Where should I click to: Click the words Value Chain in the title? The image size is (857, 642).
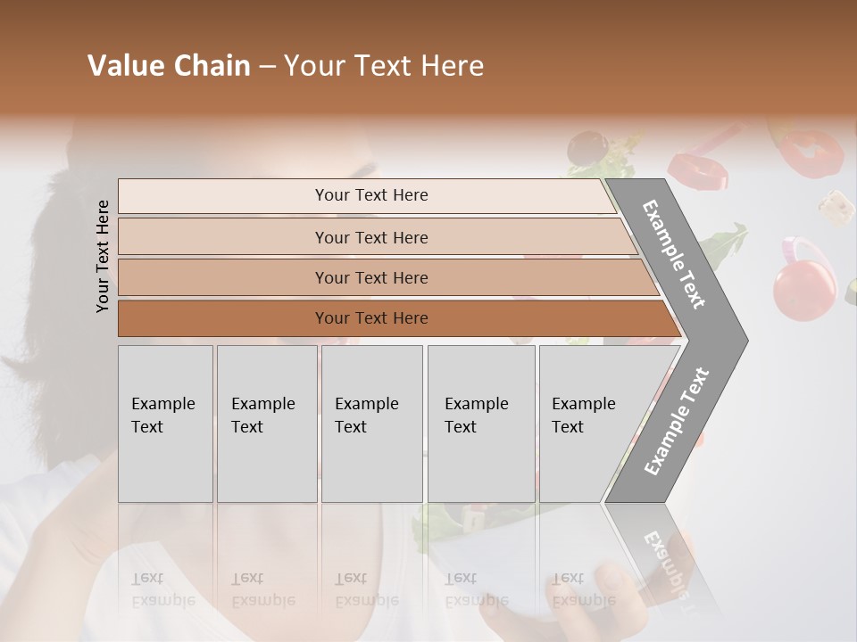169,66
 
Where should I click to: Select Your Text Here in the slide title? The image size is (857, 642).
384,66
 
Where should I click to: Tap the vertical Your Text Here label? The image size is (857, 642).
103,256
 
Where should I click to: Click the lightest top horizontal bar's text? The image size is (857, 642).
371,195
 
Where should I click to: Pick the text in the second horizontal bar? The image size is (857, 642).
371,237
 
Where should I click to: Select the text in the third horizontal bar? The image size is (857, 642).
371,277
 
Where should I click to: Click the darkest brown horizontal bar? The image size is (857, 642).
371,318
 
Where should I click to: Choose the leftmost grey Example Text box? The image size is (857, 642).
165,423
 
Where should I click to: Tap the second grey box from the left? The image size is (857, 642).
266,423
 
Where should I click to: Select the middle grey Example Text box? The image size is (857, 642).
371,423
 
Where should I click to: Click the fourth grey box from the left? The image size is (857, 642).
480,423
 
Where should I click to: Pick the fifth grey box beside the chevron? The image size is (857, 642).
589,423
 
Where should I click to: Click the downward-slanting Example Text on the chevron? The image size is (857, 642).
675,254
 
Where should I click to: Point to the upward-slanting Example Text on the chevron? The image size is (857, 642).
676,421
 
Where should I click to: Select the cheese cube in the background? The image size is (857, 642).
836,207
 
